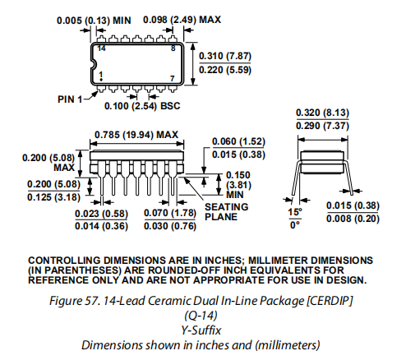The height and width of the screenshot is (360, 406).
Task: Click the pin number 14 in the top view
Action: coord(101,48)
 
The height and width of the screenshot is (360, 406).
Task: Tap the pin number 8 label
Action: coord(173,48)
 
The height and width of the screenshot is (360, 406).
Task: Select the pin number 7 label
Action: coord(173,79)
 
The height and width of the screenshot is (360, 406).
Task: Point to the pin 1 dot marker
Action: coord(101,80)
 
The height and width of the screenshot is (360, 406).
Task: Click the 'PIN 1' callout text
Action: coord(70,99)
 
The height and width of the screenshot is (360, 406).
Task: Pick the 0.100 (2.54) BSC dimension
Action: coord(142,106)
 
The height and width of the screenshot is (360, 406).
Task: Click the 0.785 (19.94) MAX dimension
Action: coord(136,135)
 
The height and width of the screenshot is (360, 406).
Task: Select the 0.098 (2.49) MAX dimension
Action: coord(182,20)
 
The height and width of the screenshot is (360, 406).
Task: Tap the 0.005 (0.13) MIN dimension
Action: coord(94,21)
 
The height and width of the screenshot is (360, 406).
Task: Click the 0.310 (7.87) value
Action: coord(225,56)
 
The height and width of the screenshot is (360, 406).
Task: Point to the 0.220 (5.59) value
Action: coord(225,70)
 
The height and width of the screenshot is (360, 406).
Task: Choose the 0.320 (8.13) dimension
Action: coord(322,113)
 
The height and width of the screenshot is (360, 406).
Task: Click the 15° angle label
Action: coord(295,212)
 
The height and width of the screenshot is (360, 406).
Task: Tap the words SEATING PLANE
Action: coord(227,212)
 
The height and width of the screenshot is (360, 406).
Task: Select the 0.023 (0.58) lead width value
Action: coord(101,214)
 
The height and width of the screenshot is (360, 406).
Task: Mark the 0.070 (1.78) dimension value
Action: coord(170,213)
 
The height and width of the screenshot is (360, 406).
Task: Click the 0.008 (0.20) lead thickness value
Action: coord(353,219)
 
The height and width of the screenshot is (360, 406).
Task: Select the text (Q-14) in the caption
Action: coord(201,316)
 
